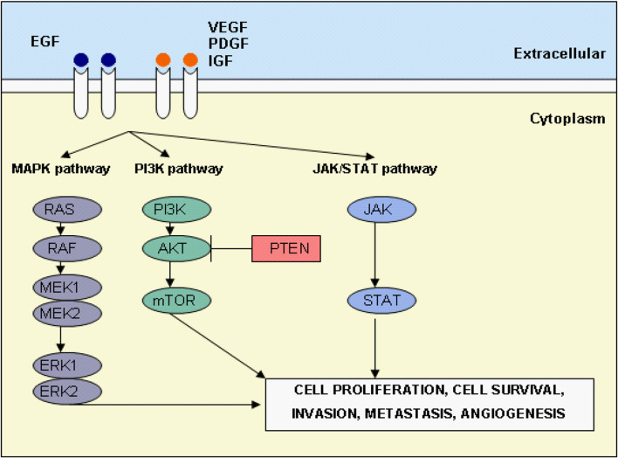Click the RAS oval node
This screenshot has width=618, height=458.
(64, 209)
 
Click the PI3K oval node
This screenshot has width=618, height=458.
(175, 209)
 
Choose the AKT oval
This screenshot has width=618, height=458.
(175, 248)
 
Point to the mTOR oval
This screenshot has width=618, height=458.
(175, 301)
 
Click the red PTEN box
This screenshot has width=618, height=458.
(286, 249)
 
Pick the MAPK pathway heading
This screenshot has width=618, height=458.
(61, 168)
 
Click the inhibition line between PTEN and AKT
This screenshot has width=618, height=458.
(231, 249)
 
